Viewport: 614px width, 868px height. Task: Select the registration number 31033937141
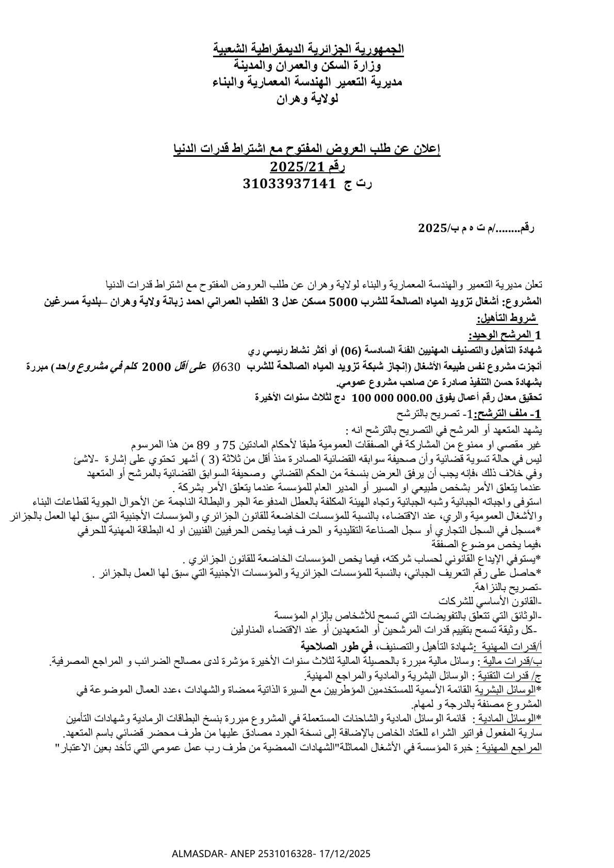[x=288, y=183]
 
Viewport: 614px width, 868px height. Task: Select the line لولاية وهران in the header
[x=308, y=99]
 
